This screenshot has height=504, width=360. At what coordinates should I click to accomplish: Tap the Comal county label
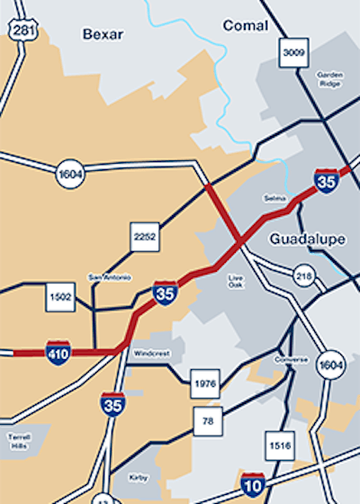[245, 26]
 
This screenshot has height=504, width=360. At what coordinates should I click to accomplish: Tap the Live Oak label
[237, 281]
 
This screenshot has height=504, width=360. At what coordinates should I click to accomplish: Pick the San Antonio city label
[110, 276]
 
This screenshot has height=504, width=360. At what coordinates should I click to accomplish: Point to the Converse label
[292, 360]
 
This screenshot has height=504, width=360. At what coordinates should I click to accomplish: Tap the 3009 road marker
[294, 52]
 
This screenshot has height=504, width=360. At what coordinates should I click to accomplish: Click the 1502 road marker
[60, 298]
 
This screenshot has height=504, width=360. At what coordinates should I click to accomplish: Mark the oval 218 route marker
[305, 277]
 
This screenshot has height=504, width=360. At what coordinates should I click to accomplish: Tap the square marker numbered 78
[207, 420]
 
